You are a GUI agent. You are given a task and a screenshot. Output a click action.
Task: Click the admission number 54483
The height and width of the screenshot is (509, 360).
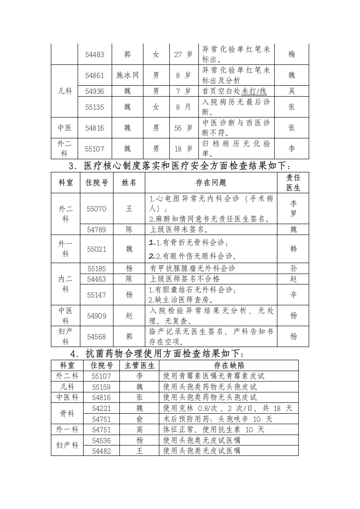click(x=95, y=54)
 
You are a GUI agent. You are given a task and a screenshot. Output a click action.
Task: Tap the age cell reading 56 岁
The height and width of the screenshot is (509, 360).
click(x=183, y=128)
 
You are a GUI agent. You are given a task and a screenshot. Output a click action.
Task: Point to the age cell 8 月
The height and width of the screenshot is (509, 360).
click(x=183, y=107)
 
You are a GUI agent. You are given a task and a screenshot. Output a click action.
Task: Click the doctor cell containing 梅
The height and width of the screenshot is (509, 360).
click(x=291, y=54)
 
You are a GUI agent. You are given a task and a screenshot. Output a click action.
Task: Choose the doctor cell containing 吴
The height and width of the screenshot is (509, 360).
click(x=291, y=91)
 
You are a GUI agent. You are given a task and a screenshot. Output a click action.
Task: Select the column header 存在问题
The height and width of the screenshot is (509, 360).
click(x=211, y=182)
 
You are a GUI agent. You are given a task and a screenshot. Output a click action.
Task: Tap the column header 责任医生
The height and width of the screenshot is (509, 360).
click(x=293, y=182)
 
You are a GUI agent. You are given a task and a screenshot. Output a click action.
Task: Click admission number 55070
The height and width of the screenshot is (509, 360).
click(x=96, y=209)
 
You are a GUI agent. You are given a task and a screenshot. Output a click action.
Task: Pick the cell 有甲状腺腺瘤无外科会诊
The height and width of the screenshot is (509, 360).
click(x=192, y=268)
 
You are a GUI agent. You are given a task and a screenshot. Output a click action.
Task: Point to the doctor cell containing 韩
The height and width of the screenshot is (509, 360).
click(x=293, y=249)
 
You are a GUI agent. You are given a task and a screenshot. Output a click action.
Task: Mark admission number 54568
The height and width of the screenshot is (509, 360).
click(x=96, y=337)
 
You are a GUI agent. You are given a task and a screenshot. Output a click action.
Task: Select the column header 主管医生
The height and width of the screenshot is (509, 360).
click(x=139, y=365)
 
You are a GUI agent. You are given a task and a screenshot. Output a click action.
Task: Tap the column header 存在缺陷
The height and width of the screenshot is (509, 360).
click(x=229, y=365)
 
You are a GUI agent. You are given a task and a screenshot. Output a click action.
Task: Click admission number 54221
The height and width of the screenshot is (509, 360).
click(x=101, y=408)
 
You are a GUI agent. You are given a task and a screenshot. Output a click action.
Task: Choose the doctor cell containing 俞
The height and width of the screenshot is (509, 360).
click(x=139, y=419)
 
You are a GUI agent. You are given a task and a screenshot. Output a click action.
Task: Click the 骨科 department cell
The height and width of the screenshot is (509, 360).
click(x=67, y=413)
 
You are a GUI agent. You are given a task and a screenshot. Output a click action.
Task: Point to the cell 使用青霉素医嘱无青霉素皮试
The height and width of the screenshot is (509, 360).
click(x=213, y=376)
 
